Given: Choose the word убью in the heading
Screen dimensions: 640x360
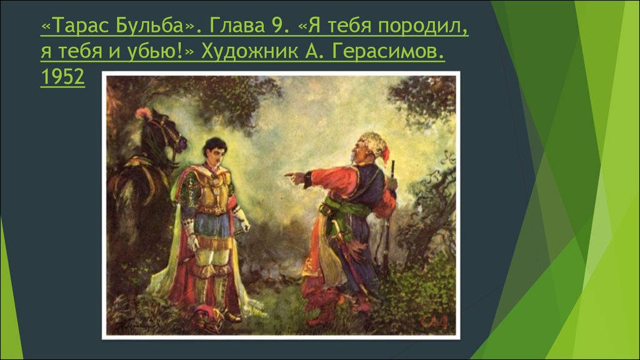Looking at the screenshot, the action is [x=156, y=51].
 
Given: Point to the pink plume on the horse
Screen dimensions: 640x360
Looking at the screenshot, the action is [x=143, y=113].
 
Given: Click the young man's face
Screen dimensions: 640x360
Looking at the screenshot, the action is [x=215, y=152].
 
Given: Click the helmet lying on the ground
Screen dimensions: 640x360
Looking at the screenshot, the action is [x=208, y=314].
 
